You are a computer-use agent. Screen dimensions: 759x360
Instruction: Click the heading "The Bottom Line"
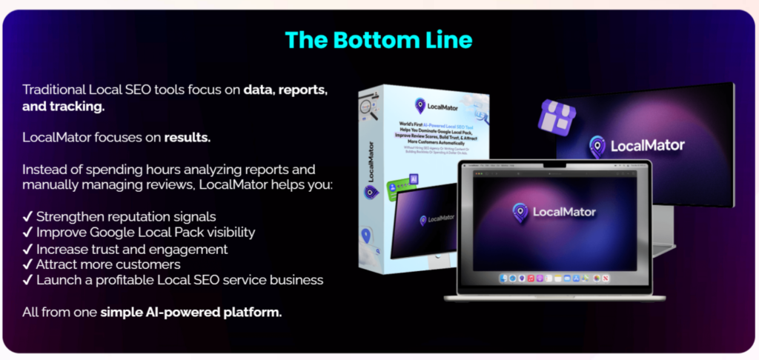(379, 39)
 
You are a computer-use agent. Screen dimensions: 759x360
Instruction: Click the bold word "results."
(188, 137)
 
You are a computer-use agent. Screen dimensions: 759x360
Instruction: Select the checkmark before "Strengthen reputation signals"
(27, 216)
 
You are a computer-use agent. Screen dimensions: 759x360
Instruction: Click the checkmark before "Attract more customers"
(27, 264)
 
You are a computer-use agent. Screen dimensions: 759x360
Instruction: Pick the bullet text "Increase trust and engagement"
(132, 248)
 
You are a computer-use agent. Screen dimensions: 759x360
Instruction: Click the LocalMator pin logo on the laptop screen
(520, 213)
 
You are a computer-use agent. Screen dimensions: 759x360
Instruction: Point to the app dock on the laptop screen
(555, 278)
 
